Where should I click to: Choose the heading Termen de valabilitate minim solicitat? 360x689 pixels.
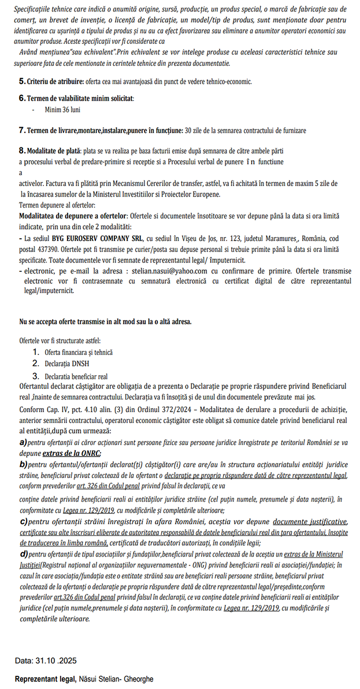tap(80, 98)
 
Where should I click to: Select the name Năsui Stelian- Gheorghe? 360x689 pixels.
tap(116, 679)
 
